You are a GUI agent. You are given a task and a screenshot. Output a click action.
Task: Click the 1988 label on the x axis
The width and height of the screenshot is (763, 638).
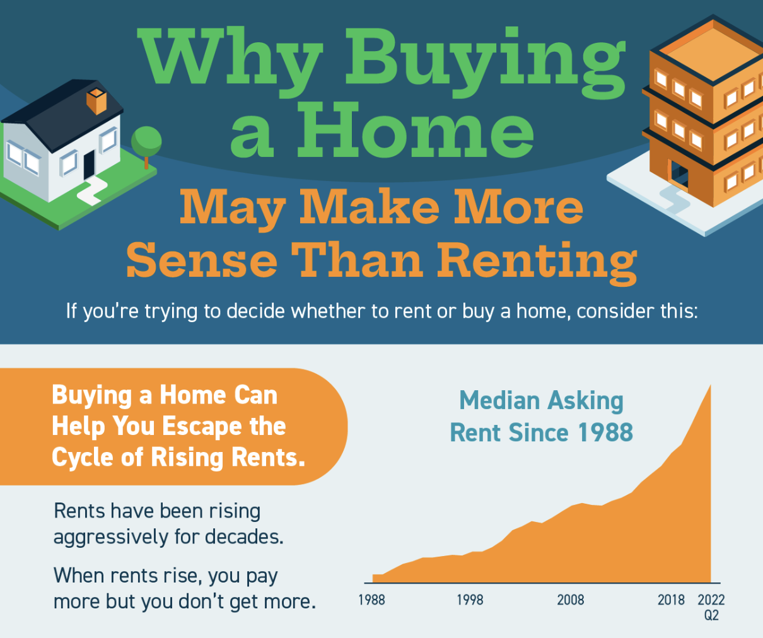[371, 600]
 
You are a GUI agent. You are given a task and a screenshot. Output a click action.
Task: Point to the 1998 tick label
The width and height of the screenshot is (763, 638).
[470, 600]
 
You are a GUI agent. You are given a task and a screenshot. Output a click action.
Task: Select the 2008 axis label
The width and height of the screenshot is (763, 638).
[570, 600]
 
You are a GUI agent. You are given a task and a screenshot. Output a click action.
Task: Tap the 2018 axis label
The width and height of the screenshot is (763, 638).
[671, 600]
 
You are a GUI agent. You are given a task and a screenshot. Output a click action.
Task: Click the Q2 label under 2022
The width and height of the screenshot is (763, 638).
[711, 615]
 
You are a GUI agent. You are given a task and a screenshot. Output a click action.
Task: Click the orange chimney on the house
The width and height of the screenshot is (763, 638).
[96, 101]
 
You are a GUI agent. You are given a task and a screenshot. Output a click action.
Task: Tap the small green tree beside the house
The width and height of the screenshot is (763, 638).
[146, 142]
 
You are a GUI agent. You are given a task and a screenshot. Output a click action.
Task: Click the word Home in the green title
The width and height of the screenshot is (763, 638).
[416, 131]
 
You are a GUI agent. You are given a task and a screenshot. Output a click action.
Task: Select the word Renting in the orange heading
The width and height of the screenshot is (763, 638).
[537, 260]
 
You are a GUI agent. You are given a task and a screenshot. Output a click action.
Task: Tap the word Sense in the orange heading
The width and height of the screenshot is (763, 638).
[202, 260]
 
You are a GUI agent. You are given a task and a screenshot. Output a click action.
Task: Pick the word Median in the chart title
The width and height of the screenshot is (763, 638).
[499, 400]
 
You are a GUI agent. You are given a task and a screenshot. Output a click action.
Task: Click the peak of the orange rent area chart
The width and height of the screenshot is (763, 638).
[710, 386]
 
